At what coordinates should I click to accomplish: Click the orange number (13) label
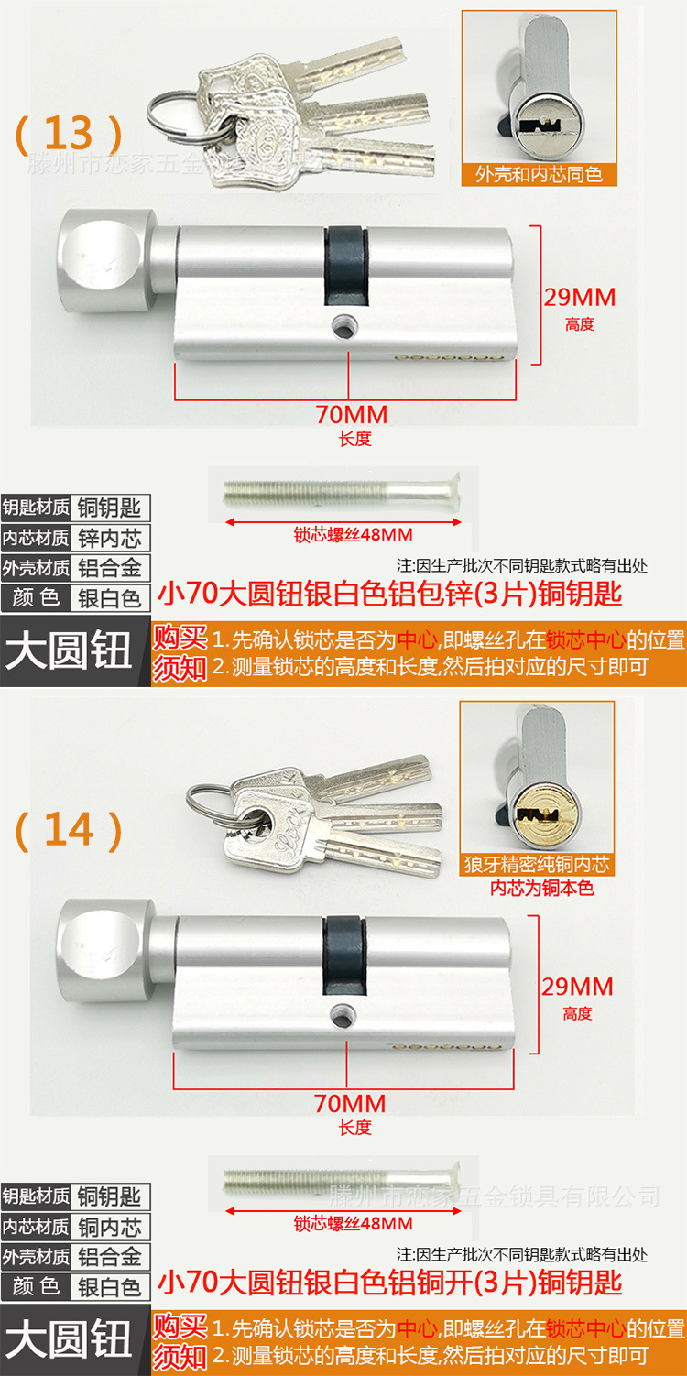(68, 134)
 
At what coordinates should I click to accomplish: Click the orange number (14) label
(68, 829)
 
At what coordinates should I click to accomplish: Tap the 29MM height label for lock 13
(579, 297)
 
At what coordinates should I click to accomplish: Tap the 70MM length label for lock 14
(350, 1103)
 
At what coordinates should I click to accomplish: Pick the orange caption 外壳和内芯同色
(539, 174)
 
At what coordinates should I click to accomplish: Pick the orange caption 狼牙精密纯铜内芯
(537, 864)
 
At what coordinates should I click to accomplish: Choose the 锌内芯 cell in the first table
(110, 538)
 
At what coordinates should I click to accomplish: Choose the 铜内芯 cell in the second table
(110, 1227)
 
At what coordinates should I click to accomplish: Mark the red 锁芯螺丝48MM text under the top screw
(353, 534)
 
